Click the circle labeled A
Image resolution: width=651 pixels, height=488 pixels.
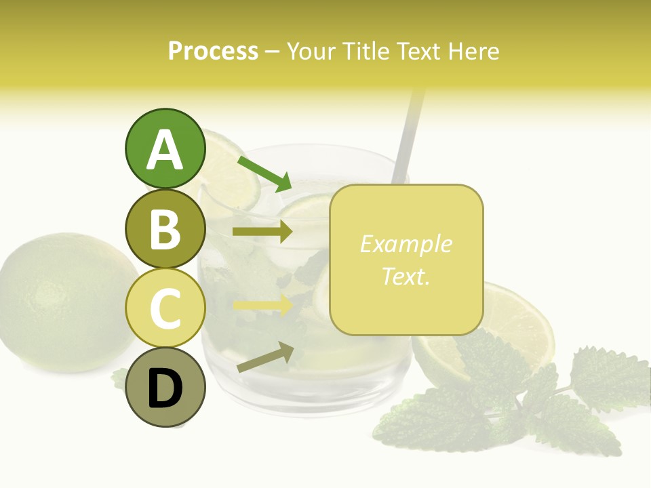pyautogui.click(x=165, y=148)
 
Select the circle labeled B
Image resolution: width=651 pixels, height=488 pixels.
pyautogui.click(x=165, y=228)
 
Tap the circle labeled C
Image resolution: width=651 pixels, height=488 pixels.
pyautogui.click(x=165, y=308)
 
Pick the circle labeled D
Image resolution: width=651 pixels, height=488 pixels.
pyautogui.click(x=165, y=388)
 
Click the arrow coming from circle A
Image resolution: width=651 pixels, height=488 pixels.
pyautogui.click(x=264, y=173)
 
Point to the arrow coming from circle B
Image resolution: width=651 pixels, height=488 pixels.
pyautogui.click(x=262, y=232)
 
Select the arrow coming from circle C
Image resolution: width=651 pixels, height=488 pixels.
pyautogui.click(x=262, y=305)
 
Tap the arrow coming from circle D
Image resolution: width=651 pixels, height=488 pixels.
pyautogui.click(x=265, y=357)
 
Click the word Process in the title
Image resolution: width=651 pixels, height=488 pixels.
pyautogui.click(x=213, y=51)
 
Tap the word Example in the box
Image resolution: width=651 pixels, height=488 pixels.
pyautogui.click(x=406, y=244)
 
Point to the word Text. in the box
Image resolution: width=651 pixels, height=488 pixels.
pyautogui.click(x=406, y=276)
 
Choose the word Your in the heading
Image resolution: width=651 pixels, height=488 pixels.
pyautogui.click(x=311, y=51)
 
